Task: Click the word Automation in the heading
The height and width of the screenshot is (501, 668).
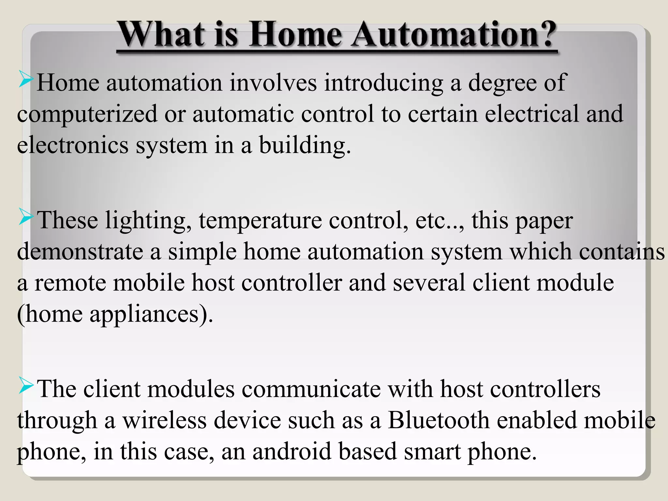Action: click(x=445, y=35)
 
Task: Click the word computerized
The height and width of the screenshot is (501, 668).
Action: click(x=87, y=114)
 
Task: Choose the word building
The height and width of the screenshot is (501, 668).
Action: click(x=305, y=145)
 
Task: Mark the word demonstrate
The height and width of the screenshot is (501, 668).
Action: click(x=80, y=252)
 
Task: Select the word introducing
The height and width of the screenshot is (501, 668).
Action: click(x=383, y=83)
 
